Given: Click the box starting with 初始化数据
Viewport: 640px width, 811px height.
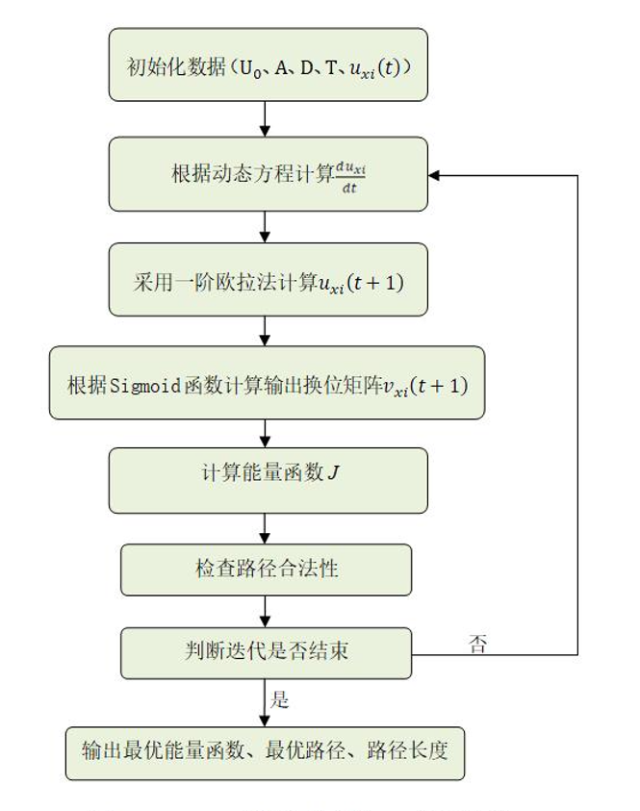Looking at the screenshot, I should (x=268, y=65).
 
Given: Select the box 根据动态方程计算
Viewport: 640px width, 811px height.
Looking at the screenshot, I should (x=268, y=174).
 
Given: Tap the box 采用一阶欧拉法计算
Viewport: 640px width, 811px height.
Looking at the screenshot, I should (x=268, y=280).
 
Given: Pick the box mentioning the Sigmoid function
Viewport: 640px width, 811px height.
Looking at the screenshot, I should (x=268, y=383).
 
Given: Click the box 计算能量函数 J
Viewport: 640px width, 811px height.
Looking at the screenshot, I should (x=268, y=478).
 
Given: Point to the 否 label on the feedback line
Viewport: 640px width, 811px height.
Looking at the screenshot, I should (x=478, y=643).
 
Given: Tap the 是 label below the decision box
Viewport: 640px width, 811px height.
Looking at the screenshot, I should (x=280, y=698).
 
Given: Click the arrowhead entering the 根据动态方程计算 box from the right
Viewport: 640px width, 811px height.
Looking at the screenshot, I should (x=436, y=176).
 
